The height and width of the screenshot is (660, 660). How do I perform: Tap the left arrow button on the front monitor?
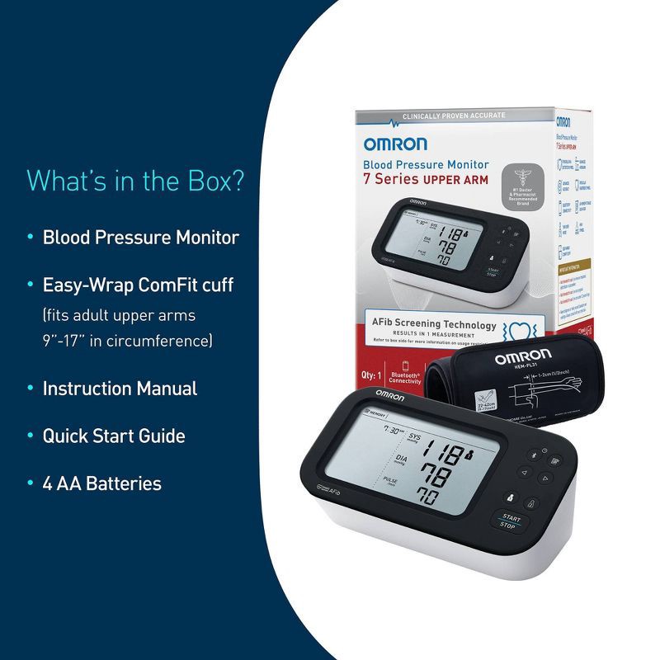click(x=521, y=473)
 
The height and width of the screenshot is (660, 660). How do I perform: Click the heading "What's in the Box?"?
click(x=136, y=180)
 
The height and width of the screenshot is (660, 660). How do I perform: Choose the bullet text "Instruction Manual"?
click(x=120, y=389)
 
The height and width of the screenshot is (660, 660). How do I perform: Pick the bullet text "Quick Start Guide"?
click(x=114, y=436)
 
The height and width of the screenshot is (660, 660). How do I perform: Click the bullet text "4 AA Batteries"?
click(x=102, y=483)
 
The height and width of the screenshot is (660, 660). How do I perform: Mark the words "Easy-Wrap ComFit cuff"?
click(x=138, y=285)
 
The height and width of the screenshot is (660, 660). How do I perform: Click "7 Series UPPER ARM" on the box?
click(x=426, y=180)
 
